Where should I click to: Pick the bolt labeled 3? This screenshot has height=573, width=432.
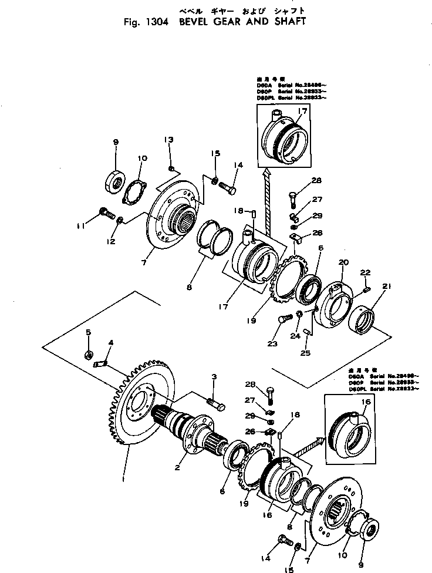(215, 405)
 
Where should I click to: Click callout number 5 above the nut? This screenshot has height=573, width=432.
(89, 333)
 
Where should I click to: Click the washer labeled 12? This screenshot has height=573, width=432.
(119, 220)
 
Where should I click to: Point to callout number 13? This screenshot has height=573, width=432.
(168, 140)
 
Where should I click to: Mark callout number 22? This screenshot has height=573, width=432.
(365, 272)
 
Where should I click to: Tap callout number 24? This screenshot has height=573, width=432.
(294, 336)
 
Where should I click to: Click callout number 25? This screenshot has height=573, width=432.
(305, 353)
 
